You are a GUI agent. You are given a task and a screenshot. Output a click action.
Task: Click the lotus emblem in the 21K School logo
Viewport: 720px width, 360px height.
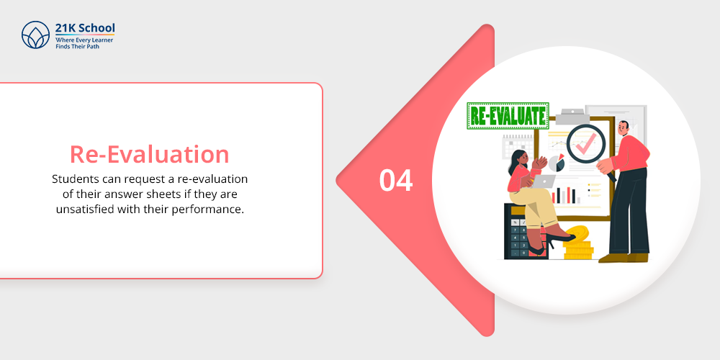(35, 35)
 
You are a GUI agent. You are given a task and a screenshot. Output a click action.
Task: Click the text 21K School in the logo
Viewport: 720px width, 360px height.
(85, 28)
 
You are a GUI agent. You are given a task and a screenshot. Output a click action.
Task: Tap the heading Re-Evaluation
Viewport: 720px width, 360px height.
(149, 154)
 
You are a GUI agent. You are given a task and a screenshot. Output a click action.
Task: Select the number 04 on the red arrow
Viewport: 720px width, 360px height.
(396, 181)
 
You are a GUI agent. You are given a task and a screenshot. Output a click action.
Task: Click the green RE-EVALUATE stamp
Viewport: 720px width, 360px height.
(508, 116)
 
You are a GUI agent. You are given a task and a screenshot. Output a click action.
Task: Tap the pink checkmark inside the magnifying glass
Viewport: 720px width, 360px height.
(585, 144)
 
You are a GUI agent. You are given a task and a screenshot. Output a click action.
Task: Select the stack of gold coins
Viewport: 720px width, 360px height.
(578, 243)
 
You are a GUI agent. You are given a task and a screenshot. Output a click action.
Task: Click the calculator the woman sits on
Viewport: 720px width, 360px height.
(521, 231)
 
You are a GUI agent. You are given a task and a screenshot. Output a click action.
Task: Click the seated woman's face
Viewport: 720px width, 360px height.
(519, 158)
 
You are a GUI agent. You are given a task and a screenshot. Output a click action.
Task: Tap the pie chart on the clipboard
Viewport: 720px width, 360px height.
(557, 163)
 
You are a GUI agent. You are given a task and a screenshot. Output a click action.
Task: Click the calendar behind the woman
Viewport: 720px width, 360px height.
(518, 147)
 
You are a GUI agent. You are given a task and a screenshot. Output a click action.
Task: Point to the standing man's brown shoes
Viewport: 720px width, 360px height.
(624, 258)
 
